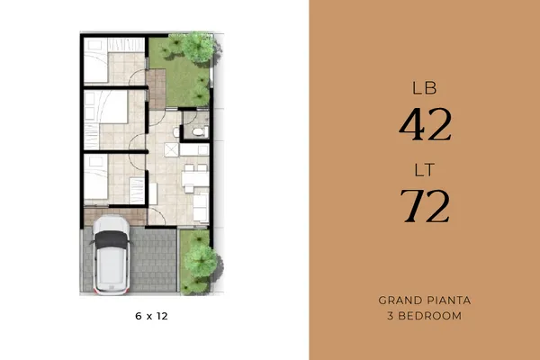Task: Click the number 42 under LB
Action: click(x=425, y=125)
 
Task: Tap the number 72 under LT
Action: click(x=425, y=206)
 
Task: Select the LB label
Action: click(x=425, y=88)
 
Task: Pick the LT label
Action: click(x=424, y=170)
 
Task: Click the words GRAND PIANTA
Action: click(x=425, y=301)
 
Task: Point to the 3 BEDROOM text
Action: click(x=424, y=316)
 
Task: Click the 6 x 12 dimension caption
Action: click(x=151, y=316)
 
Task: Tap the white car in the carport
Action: click(x=112, y=255)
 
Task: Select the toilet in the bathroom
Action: click(x=198, y=131)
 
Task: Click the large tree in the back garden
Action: click(x=198, y=47)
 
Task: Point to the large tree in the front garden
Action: click(x=201, y=260)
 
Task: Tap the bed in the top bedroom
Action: click(x=96, y=60)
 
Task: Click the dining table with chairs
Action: click(x=195, y=178)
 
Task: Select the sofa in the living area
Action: click(x=201, y=208)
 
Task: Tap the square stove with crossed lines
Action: click(x=171, y=150)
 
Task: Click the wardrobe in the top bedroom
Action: click(x=126, y=45)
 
